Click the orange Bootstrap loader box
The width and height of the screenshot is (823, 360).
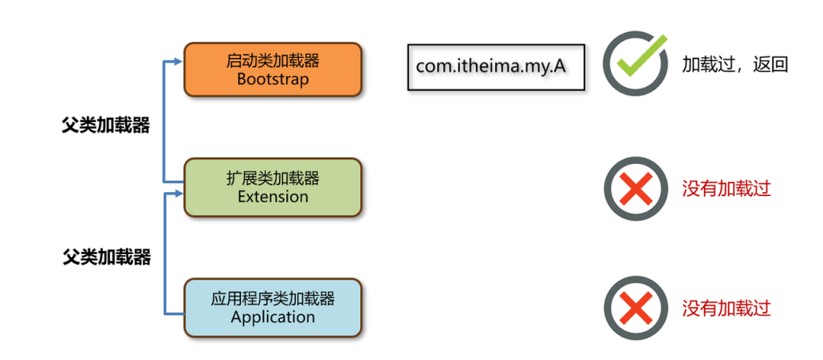[x=272, y=69]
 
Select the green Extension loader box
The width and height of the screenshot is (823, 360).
[x=272, y=187]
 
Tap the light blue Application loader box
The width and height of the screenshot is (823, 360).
[x=272, y=307]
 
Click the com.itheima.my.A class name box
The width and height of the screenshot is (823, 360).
[x=497, y=67]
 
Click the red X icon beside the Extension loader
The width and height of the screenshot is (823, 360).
[x=636, y=189]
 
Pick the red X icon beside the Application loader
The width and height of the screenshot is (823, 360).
[x=636, y=308]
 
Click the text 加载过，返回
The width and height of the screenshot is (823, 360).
[x=734, y=64]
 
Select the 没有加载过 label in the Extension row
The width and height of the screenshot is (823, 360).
[x=726, y=189]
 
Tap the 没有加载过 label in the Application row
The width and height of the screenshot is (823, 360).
[x=726, y=308]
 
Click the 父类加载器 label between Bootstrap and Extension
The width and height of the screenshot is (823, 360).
[x=105, y=126]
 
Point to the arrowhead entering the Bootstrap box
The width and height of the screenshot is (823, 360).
[x=178, y=60]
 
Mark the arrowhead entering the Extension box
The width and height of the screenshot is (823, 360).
[x=178, y=193]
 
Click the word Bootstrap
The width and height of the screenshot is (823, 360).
[x=272, y=80]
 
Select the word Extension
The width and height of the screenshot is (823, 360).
[x=272, y=197]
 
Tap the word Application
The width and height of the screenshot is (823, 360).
[x=272, y=317]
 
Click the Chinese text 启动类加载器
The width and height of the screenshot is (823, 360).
[x=272, y=60]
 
